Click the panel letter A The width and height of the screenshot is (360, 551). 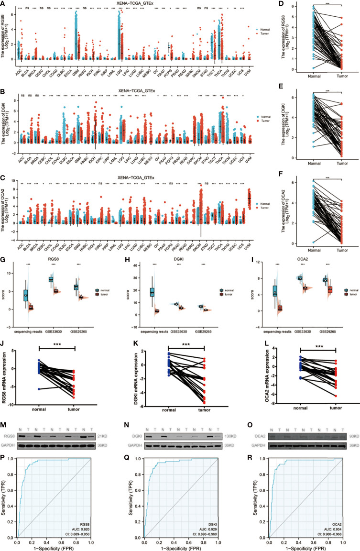pyautogui.click(x=3, y=4)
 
